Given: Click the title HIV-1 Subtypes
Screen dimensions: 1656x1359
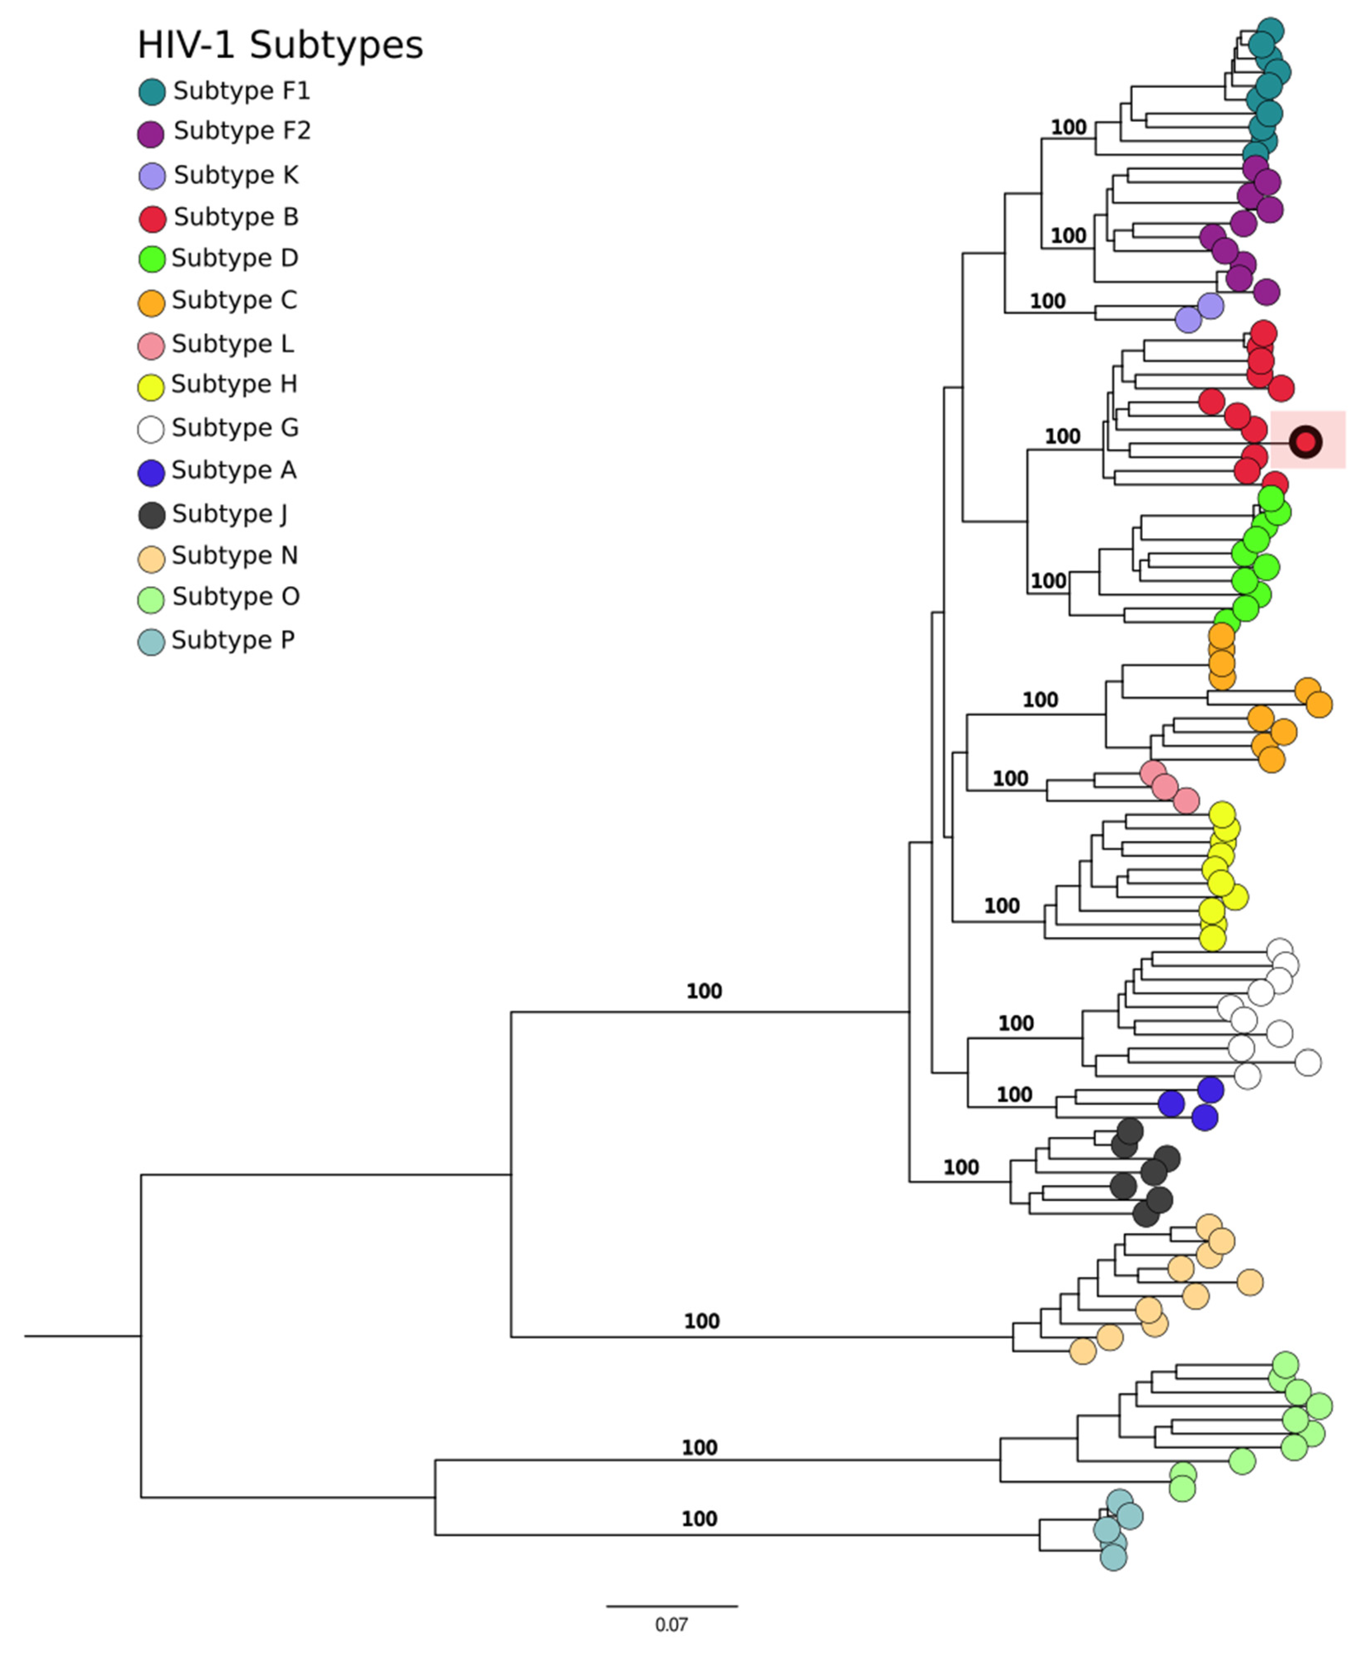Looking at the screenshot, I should (280, 45).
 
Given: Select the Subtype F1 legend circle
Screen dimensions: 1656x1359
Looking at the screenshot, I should (152, 92).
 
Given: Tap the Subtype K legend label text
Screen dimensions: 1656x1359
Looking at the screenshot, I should (236, 174).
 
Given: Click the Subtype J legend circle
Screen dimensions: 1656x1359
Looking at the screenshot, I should (151, 514).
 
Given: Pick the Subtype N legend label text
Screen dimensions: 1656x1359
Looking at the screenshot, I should (234, 555).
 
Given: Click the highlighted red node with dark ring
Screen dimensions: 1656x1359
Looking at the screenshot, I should (1305, 443).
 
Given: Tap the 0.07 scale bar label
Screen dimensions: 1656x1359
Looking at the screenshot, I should (671, 1625).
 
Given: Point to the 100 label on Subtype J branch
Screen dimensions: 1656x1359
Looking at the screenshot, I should (961, 1167).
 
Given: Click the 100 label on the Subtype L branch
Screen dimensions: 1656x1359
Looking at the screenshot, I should (1010, 778).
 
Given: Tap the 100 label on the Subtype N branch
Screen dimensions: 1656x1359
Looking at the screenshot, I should (702, 1321).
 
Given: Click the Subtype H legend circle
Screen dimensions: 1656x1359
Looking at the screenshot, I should (151, 386).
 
